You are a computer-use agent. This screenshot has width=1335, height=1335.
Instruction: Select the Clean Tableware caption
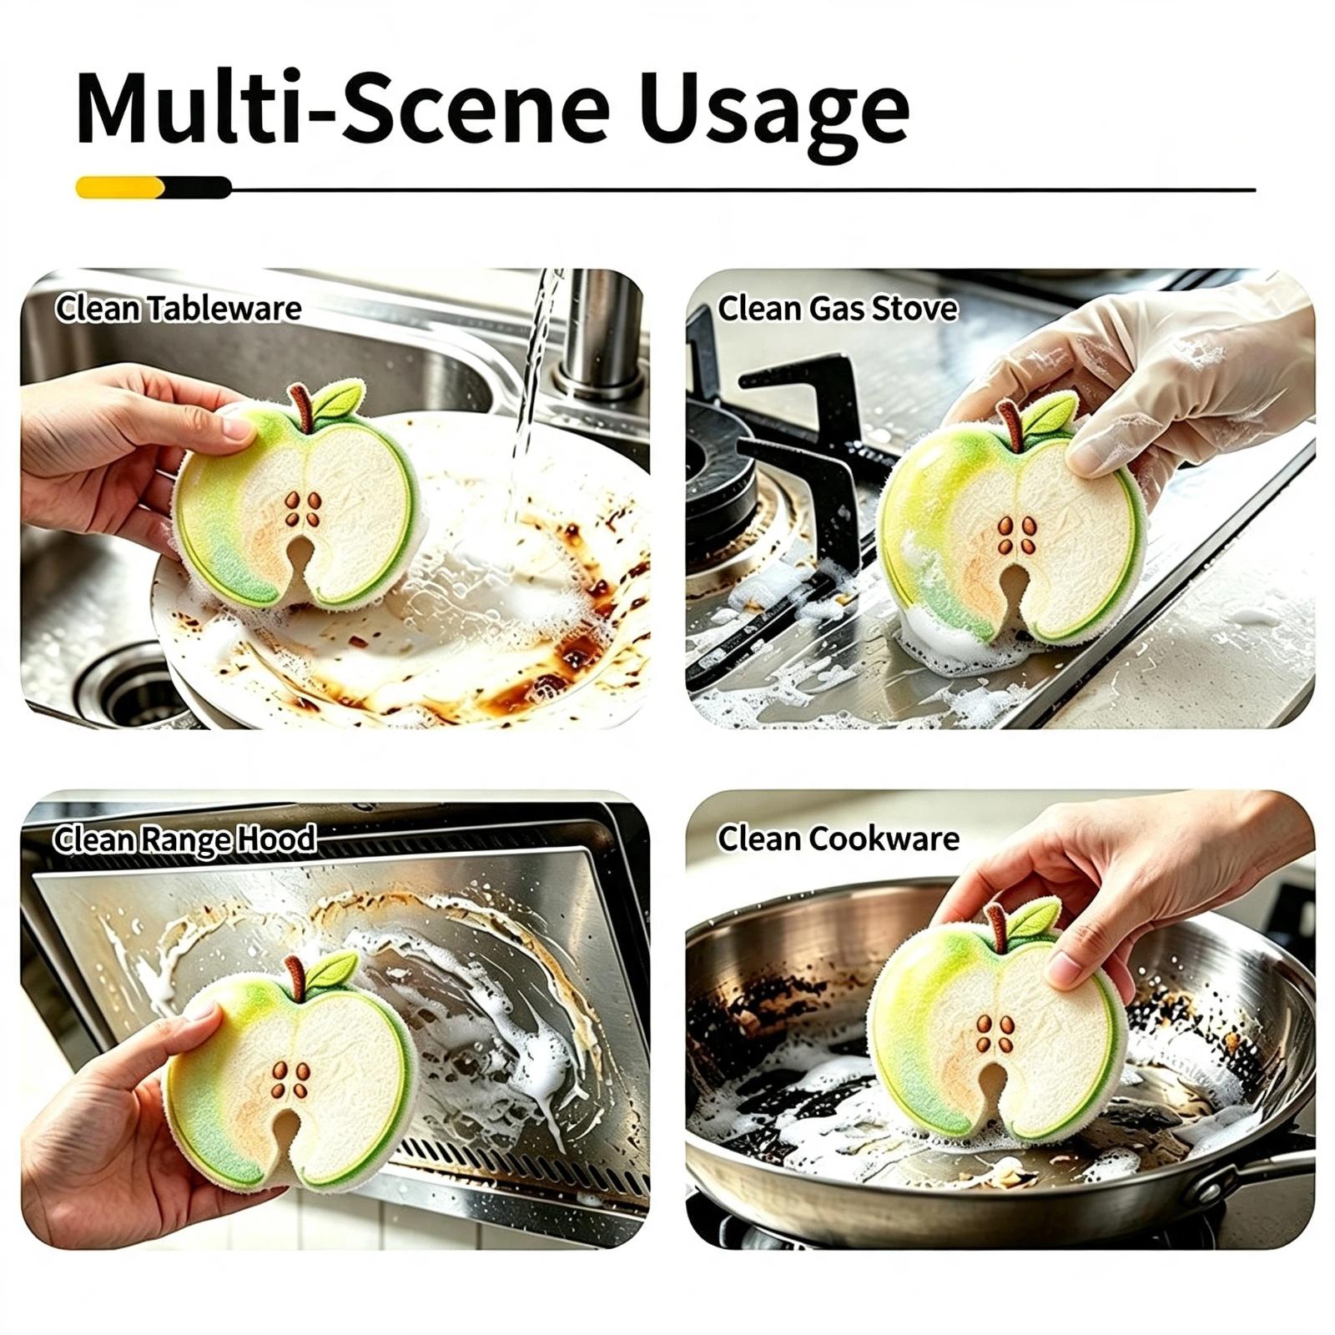click(x=178, y=309)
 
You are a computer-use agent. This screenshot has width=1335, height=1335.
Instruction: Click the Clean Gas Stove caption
click(x=838, y=309)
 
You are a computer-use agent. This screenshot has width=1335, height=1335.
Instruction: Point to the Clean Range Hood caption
click(x=184, y=839)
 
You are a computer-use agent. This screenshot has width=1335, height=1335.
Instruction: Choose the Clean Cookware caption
click(x=839, y=839)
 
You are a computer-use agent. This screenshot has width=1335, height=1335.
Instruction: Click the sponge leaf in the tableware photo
click(x=340, y=400)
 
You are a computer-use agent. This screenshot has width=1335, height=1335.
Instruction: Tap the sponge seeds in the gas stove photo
click(x=1017, y=535)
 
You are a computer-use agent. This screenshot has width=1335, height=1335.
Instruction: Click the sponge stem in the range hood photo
click(x=295, y=977)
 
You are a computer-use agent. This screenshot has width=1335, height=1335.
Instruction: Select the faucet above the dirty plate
click(x=597, y=334)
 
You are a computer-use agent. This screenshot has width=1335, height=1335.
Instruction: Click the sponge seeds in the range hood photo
click(x=290, y=1079)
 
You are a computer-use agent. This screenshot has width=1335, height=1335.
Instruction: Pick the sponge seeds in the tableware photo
click(x=303, y=508)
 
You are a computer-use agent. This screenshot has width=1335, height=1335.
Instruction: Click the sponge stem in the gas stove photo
click(x=1010, y=424)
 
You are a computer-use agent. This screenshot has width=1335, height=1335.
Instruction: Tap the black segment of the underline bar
click(x=198, y=187)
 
